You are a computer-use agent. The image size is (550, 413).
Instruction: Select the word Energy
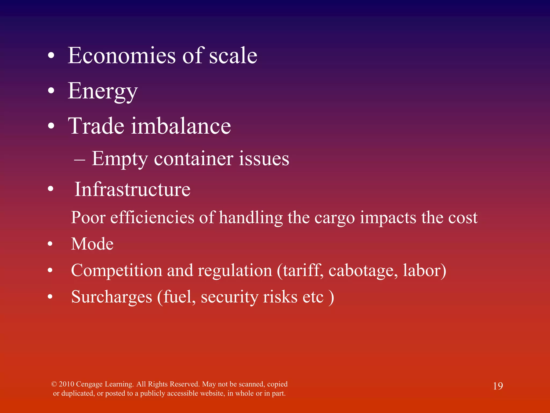click(103, 91)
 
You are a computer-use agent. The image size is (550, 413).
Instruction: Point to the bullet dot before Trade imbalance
click(51, 126)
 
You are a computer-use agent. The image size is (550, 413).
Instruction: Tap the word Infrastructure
click(132, 190)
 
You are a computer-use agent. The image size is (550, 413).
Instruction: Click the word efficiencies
click(152, 217)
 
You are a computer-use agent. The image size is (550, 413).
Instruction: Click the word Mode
click(92, 244)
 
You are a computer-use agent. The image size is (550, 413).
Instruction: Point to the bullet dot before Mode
click(50, 244)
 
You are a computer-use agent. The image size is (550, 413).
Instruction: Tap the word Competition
click(117, 270)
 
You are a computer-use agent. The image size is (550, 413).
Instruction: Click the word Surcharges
click(112, 297)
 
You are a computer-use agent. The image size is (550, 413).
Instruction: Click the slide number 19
click(498, 386)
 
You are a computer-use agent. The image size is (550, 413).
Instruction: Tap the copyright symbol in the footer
click(54, 384)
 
